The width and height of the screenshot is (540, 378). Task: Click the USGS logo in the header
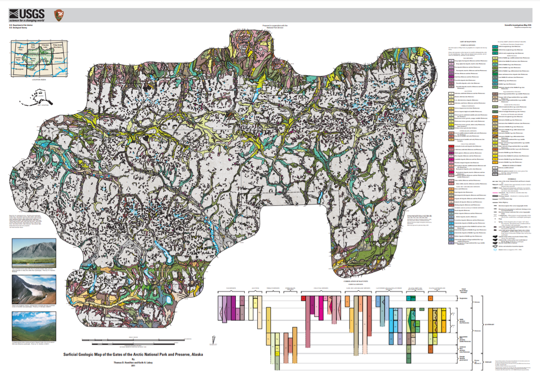pyautogui.click(x=26, y=14)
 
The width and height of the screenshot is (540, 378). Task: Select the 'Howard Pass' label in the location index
pyautogui.click(x=19, y=47)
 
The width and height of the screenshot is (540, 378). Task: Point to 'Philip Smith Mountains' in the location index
pyautogui.click(x=58, y=47)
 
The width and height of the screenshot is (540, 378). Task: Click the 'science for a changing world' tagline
pyautogui.click(x=26, y=21)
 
